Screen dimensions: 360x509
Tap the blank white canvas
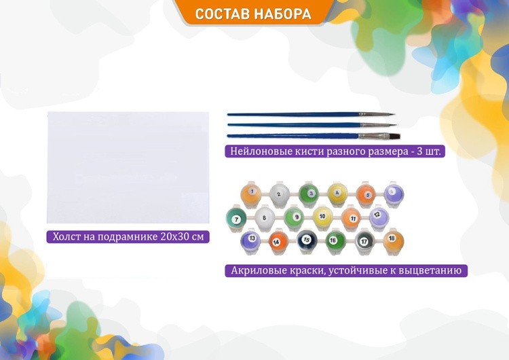pos(128,167)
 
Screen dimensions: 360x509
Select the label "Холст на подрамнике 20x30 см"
pos(128,237)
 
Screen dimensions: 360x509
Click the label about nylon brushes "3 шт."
pos(335,151)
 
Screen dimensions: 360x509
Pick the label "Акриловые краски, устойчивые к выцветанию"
pos(346,270)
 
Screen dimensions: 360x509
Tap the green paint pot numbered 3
pos(309,194)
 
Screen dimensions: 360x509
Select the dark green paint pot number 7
pos(236,219)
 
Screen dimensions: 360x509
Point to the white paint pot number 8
pos(265,219)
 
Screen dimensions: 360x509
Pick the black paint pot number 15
pos(306,240)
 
